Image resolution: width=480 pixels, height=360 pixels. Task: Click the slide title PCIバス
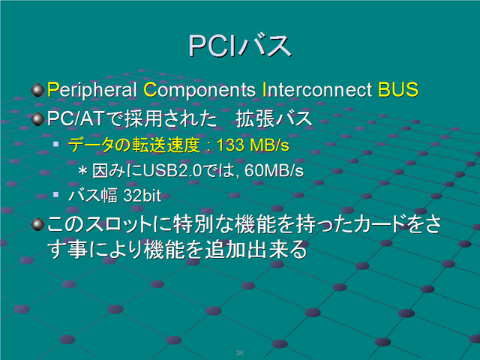[240, 46]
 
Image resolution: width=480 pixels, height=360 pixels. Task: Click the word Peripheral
[91, 90]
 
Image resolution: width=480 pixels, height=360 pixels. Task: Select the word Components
[199, 90]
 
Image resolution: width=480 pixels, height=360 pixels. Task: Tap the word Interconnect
[317, 90]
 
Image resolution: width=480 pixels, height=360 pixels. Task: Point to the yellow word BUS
[398, 90]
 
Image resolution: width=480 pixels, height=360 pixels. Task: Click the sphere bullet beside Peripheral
[38, 90]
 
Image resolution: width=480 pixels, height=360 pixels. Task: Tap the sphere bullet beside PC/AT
[38, 118]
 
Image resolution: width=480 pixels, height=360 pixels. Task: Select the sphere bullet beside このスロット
[38, 225]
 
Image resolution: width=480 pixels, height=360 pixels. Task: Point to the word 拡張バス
[274, 118]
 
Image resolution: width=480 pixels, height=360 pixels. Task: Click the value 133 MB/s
[253, 145]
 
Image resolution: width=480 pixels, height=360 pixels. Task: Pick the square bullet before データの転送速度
[55, 143]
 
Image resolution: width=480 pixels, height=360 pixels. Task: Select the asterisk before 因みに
[82, 170]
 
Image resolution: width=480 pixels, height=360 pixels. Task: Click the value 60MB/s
[274, 170]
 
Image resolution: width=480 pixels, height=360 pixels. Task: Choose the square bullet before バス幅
[55, 194]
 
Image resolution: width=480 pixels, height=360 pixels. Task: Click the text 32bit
[142, 196]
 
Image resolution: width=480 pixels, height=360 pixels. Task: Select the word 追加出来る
[256, 250]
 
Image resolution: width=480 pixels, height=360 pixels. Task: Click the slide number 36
[240, 352]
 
